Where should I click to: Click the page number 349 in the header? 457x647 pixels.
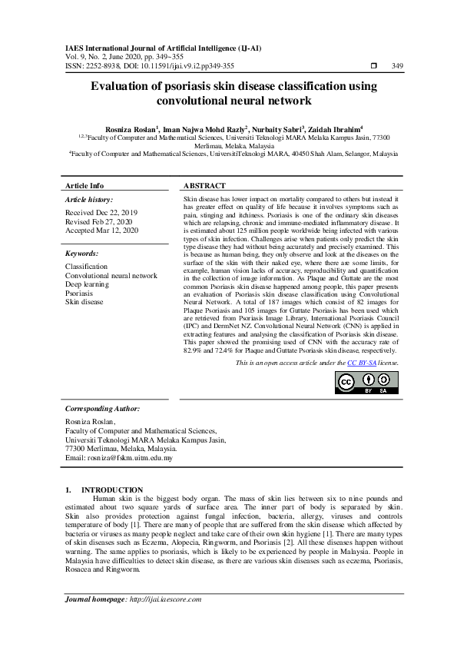pos(397,66)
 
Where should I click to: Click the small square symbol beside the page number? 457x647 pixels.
pos(374,66)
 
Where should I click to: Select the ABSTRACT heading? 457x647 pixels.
pos(205,186)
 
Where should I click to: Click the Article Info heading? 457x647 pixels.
pos(84,186)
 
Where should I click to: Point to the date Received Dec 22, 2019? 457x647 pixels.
pos(101,212)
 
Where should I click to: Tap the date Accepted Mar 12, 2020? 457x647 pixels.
pos(102,230)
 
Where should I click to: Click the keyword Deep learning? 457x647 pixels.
pos(87,284)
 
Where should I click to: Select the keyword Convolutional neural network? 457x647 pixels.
pos(111,276)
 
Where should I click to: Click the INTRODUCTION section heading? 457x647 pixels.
pos(112,489)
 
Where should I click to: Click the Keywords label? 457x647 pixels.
pos(82,253)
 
